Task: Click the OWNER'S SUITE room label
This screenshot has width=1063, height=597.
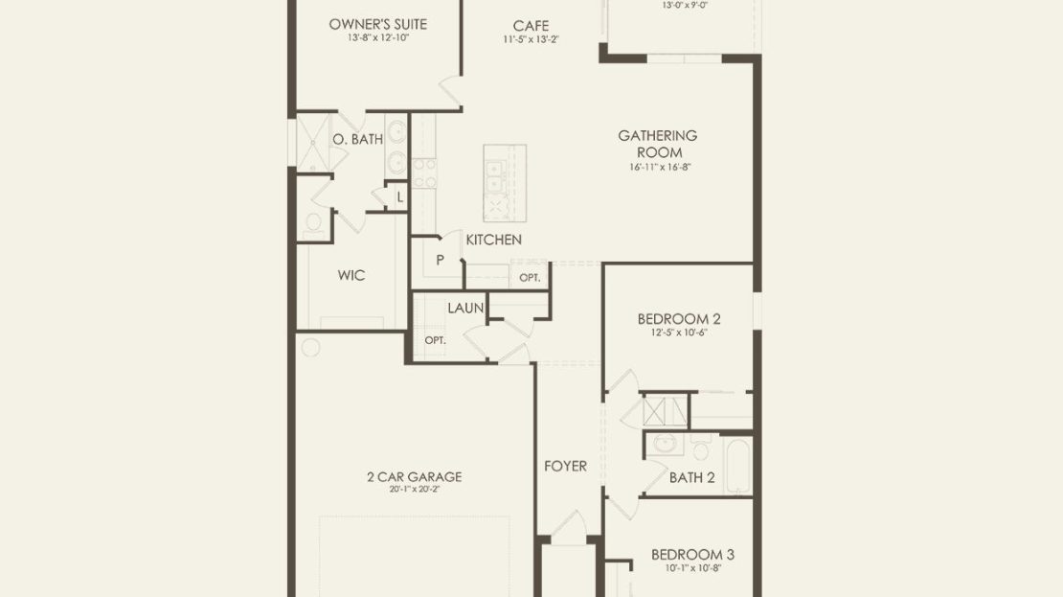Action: pyautogui.click(x=377, y=24)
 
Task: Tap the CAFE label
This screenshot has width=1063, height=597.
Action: pyautogui.click(x=531, y=26)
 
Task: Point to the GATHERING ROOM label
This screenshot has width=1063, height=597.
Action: pyautogui.click(x=658, y=144)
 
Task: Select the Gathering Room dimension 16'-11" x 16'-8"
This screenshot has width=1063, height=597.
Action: pyautogui.click(x=660, y=167)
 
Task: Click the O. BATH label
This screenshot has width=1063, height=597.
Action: pyautogui.click(x=357, y=139)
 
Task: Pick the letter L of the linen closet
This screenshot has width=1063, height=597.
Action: pyautogui.click(x=400, y=197)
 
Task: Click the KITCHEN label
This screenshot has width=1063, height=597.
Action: pyautogui.click(x=493, y=240)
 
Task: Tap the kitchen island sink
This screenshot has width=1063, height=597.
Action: pyautogui.click(x=495, y=175)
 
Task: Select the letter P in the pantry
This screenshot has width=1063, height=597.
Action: pyautogui.click(x=440, y=260)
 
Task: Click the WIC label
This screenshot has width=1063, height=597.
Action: pyautogui.click(x=351, y=275)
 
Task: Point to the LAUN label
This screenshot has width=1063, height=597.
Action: pyautogui.click(x=465, y=308)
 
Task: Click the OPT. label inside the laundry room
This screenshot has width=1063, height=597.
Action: pyautogui.click(x=435, y=340)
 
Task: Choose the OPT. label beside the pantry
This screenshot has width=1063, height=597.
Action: pyautogui.click(x=531, y=278)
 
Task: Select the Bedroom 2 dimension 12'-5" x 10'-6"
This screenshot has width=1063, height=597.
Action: pyautogui.click(x=679, y=333)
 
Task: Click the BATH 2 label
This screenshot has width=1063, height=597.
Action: pyautogui.click(x=691, y=477)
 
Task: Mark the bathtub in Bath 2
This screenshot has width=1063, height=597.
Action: pyautogui.click(x=737, y=466)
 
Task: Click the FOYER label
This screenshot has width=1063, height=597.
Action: pyautogui.click(x=565, y=466)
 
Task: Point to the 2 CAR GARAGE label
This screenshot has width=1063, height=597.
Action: pyautogui.click(x=415, y=477)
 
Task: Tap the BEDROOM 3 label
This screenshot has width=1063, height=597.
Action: pyautogui.click(x=692, y=555)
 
